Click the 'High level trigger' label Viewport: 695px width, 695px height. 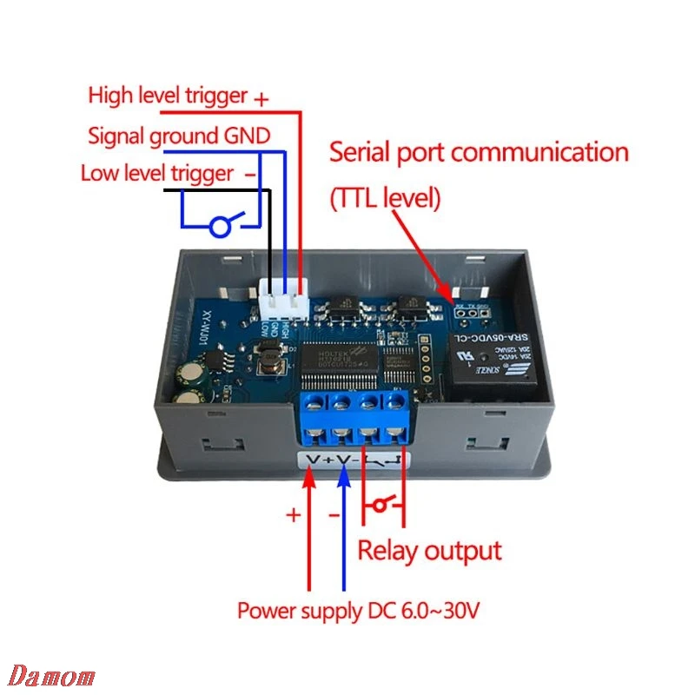click(168, 96)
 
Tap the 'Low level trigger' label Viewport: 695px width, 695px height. click(158, 173)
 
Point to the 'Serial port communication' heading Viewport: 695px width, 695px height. click(478, 153)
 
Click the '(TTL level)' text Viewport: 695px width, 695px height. click(386, 198)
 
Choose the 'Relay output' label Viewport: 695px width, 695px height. click(430, 550)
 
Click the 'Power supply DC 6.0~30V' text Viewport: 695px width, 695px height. click(358, 611)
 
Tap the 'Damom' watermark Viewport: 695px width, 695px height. click(53, 676)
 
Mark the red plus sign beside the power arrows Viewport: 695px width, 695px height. click(294, 515)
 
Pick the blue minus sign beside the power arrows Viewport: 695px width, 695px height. click(334, 515)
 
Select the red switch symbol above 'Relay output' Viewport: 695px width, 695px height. click(383, 504)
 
